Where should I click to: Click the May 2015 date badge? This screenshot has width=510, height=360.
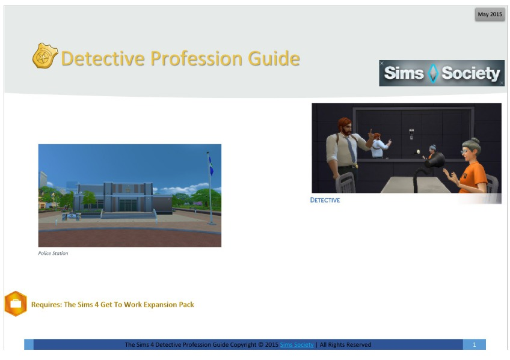(490, 14)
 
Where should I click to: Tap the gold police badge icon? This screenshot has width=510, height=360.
(45, 55)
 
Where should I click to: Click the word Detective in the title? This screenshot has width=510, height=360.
(103, 58)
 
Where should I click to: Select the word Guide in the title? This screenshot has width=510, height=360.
(274, 58)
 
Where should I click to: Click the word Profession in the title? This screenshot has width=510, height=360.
(196, 58)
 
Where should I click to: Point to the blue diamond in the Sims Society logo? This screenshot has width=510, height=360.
(432, 73)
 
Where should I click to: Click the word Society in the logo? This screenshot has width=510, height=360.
(470, 73)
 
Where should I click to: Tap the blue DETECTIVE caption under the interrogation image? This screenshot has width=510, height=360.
(325, 200)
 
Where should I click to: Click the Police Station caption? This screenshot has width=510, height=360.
(53, 253)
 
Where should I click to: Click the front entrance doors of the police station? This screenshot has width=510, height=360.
(128, 206)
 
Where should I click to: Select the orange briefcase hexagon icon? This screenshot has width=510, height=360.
(16, 304)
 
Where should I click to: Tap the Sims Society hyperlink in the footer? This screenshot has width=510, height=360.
(296, 345)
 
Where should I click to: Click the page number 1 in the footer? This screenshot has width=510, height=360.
(475, 345)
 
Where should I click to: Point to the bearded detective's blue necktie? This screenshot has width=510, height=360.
(351, 149)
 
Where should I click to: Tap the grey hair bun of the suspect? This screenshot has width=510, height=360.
(473, 141)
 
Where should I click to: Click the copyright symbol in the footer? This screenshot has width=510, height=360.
(260, 345)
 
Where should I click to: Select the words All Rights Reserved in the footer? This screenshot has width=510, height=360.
(345, 345)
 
